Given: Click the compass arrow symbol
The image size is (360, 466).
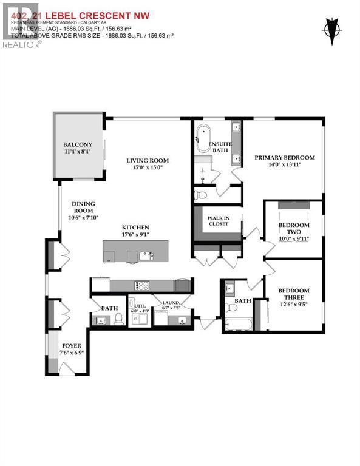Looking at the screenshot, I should coord(331,31).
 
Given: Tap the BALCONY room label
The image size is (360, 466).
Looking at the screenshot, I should coord(78,144).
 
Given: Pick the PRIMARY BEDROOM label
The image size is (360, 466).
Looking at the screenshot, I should coord(284,157).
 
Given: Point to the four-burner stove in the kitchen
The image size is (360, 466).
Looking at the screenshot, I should coord(143,285).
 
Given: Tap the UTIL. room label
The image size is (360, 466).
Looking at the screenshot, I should coord(140,306).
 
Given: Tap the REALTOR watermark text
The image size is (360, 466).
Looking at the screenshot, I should coord(22,44).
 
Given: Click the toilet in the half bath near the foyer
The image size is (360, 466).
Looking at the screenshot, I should coord(118,319).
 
